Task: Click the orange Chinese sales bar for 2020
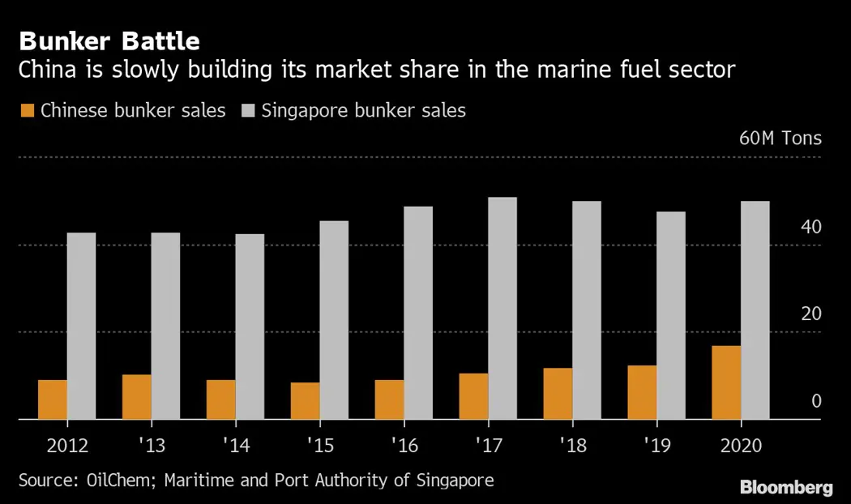pyautogui.click(x=726, y=382)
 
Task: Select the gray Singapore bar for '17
pyautogui.click(x=502, y=308)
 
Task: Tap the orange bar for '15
pyautogui.click(x=305, y=400)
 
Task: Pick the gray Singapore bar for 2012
pyautogui.click(x=81, y=326)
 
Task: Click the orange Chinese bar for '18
pyautogui.click(x=558, y=393)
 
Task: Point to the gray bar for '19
pyautogui.click(x=671, y=315)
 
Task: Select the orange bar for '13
pyautogui.click(x=136, y=396)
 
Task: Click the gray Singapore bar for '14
pyautogui.click(x=250, y=327)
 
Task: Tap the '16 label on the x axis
pyautogui.click(x=404, y=445)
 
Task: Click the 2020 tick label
pyautogui.click(x=740, y=445)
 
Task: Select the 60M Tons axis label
pyautogui.click(x=780, y=138)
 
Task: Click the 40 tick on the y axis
pyautogui.click(x=810, y=226)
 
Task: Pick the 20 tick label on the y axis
pyautogui.click(x=810, y=314)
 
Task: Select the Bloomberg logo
pyautogui.click(x=786, y=487)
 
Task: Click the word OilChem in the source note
pyautogui.click(x=122, y=480)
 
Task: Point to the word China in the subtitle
pyautogui.click(x=49, y=70)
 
